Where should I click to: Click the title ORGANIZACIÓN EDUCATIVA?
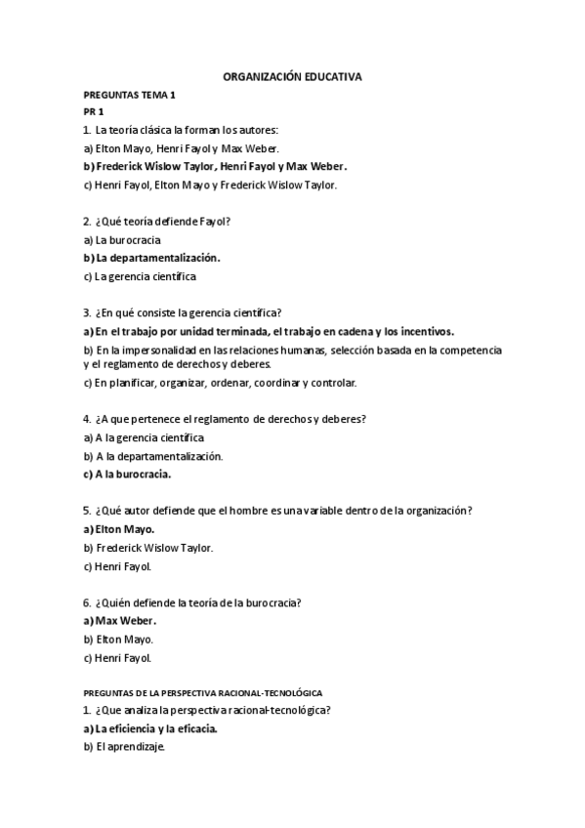pos(292,75)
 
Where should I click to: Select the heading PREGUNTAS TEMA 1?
pos(129,95)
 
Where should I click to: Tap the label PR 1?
pos(94,112)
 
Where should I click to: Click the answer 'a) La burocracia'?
pos(123,239)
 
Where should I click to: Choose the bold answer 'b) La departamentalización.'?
pos(152,258)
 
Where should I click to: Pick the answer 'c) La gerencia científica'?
pos(140,276)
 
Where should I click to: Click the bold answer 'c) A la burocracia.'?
pos(127,475)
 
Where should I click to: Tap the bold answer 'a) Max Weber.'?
pos(120,621)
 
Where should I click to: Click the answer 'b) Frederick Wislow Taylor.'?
pos(148,548)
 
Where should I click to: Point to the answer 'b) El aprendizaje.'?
pos(125,747)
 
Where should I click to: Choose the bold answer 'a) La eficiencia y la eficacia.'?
pos(150,728)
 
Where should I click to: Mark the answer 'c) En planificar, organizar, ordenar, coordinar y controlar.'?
pos(221,383)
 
